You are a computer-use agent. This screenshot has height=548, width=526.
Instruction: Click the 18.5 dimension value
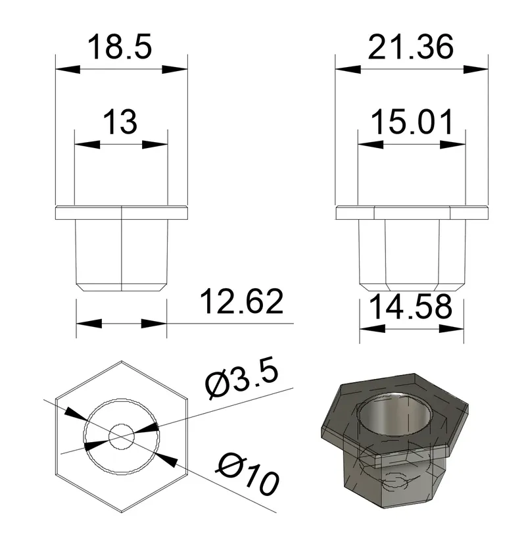tap(120, 47)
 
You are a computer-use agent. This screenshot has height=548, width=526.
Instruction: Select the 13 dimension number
tap(120, 122)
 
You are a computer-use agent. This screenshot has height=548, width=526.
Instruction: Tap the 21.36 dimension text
tap(411, 47)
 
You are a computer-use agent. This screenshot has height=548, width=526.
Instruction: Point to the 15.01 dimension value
tap(412, 122)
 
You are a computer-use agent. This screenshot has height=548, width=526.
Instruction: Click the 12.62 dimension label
tap(242, 301)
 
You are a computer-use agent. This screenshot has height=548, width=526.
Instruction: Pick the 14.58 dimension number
tap(411, 307)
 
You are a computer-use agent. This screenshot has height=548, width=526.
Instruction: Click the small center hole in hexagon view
tap(121, 437)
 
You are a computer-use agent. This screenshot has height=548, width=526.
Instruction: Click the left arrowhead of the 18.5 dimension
tap(68, 69)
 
